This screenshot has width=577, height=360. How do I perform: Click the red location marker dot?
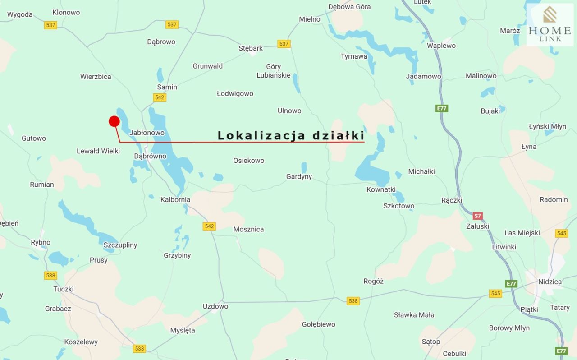114,121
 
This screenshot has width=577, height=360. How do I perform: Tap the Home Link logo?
550,25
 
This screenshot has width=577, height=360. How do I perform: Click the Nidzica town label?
550,282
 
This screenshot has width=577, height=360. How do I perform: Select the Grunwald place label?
208,66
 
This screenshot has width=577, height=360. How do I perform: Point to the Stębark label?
251,48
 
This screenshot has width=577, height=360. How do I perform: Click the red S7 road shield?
478,216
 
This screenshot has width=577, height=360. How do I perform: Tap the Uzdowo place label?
215,306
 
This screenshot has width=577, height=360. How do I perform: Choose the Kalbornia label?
175,199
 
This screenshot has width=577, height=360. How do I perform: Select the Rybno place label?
41,242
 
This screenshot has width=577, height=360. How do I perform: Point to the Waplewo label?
441,46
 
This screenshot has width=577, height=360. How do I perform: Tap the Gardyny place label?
299,176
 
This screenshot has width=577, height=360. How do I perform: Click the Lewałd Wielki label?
98,151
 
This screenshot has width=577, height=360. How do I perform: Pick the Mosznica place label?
248,229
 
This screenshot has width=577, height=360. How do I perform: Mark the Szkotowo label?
398,206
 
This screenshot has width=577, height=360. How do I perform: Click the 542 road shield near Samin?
160,97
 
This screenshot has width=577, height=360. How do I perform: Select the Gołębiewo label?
319,324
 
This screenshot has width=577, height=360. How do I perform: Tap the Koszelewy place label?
81,342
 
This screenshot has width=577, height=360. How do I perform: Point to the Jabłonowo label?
147,133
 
